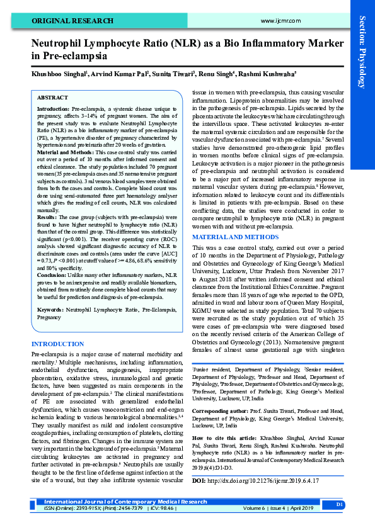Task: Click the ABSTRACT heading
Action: click(x=52, y=98)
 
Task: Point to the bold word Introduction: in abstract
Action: click(x=54, y=110)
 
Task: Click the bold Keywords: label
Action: click(x=50, y=310)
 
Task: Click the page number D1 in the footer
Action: click(x=339, y=505)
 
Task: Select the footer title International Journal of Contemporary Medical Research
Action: click(x=125, y=502)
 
